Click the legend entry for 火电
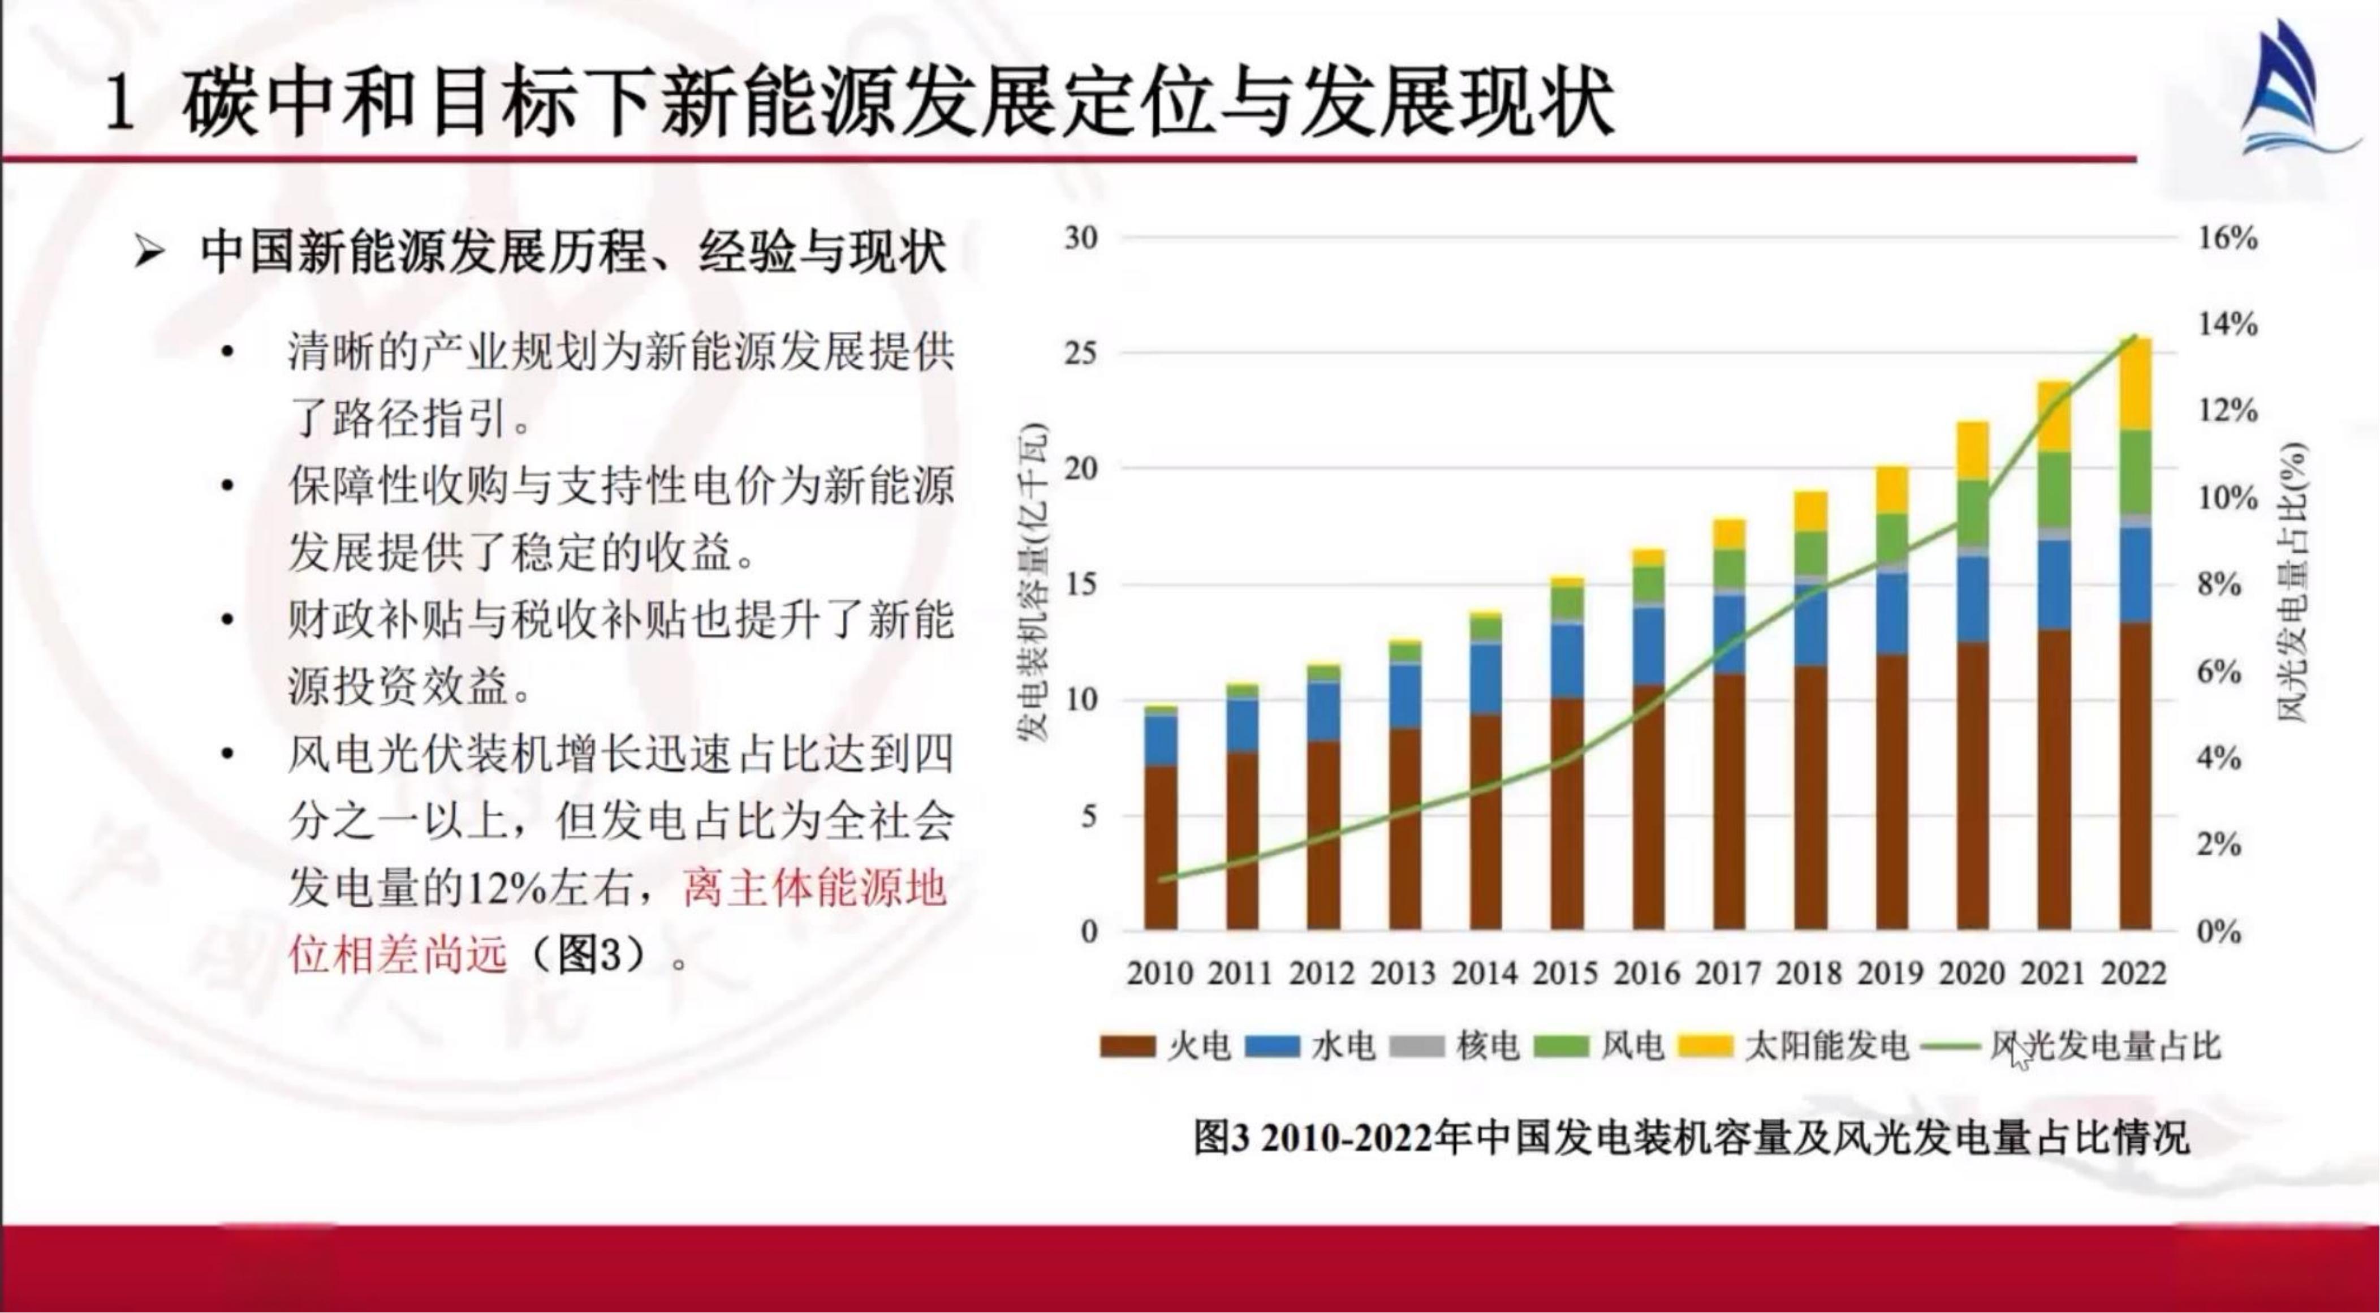pos(1166,1046)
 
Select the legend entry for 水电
pos(1310,1046)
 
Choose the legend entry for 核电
pos(1455,1046)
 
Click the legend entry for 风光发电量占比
pos(2069,1046)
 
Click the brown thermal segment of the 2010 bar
pos(1161,846)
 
